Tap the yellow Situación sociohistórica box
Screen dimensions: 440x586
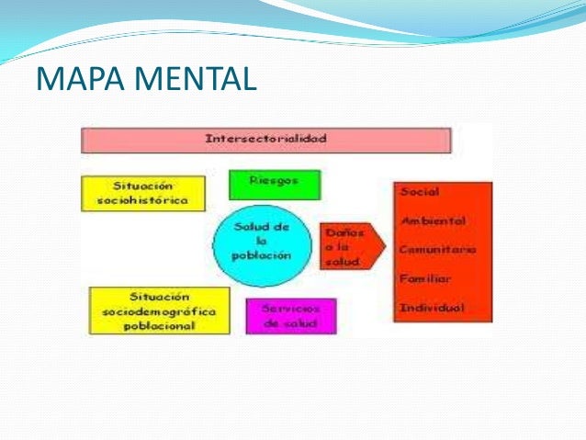142,193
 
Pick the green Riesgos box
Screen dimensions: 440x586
274,184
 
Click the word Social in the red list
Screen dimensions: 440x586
419,192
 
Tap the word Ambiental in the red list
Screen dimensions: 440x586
432,220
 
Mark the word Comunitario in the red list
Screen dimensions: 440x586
437,249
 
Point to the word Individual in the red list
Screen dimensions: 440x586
432,306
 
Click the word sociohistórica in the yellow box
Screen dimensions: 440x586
142,199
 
